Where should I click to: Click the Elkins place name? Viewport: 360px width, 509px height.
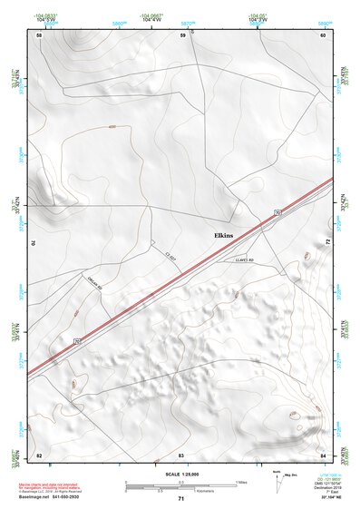pyautogui.click(x=223, y=235)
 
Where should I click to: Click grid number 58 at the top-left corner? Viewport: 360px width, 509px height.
pyautogui.click(x=39, y=35)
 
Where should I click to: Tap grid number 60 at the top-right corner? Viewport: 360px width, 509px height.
pyautogui.click(x=323, y=35)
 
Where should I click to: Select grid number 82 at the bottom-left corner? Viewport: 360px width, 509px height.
pyautogui.click(x=39, y=454)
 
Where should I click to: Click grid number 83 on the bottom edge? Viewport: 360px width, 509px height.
pyautogui.click(x=181, y=454)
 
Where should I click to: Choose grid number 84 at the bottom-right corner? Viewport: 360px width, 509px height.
pyautogui.click(x=323, y=454)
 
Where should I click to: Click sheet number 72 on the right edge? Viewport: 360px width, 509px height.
pyautogui.click(x=326, y=243)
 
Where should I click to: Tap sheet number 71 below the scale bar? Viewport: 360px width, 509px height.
pyautogui.click(x=181, y=499)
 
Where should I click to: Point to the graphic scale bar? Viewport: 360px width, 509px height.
pyautogui.click(x=181, y=485)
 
